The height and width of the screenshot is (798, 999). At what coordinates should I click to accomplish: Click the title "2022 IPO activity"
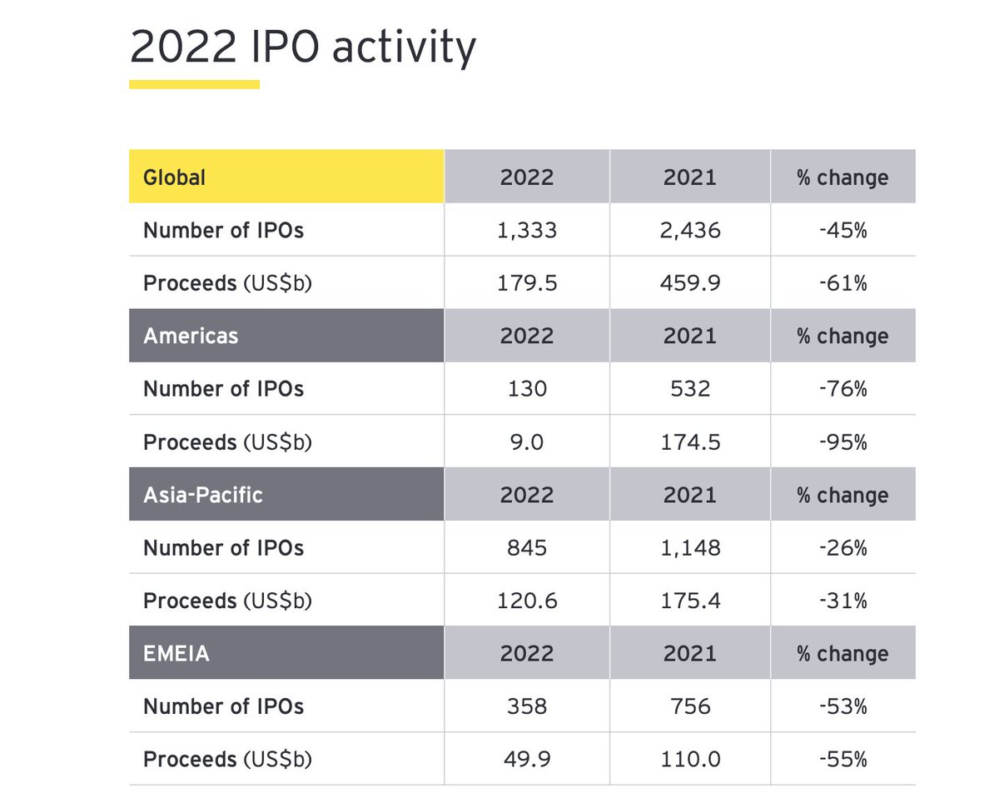(302, 47)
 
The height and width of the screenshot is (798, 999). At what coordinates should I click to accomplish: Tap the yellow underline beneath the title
(194, 84)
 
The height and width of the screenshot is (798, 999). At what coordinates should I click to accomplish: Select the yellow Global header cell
(286, 177)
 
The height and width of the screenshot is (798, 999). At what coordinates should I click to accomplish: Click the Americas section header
(286, 336)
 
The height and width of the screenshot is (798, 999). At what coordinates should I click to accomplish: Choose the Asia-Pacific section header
(286, 495)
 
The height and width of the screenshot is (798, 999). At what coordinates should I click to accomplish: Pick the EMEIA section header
(286, 654)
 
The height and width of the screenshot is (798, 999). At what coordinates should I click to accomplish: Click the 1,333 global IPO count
(526, 230)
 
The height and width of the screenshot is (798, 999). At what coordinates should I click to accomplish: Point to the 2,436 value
(689, 230)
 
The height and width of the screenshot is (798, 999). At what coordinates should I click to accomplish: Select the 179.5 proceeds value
(526, 283)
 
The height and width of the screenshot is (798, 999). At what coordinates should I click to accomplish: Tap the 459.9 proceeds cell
(689, 283)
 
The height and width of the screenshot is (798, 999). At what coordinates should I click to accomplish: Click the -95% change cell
(842, 442)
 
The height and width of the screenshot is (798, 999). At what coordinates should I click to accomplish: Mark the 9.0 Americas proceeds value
(526, 442)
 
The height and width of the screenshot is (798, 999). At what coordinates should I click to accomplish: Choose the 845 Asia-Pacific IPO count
(526, 548)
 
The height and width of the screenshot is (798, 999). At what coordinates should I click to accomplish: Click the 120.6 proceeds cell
(526, 601)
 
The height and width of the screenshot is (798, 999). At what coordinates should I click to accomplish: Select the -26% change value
(842, 548)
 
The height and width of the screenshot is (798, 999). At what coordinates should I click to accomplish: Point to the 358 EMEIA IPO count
(526, 707)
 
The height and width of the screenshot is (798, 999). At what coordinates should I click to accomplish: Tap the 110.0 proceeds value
(689, 760)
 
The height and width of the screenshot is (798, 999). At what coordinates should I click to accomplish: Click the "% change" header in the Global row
(842, 177)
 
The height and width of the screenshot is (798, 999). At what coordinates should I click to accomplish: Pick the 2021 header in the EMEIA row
(689, 654)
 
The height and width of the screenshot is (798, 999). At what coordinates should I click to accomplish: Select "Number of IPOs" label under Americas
(223, 389)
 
